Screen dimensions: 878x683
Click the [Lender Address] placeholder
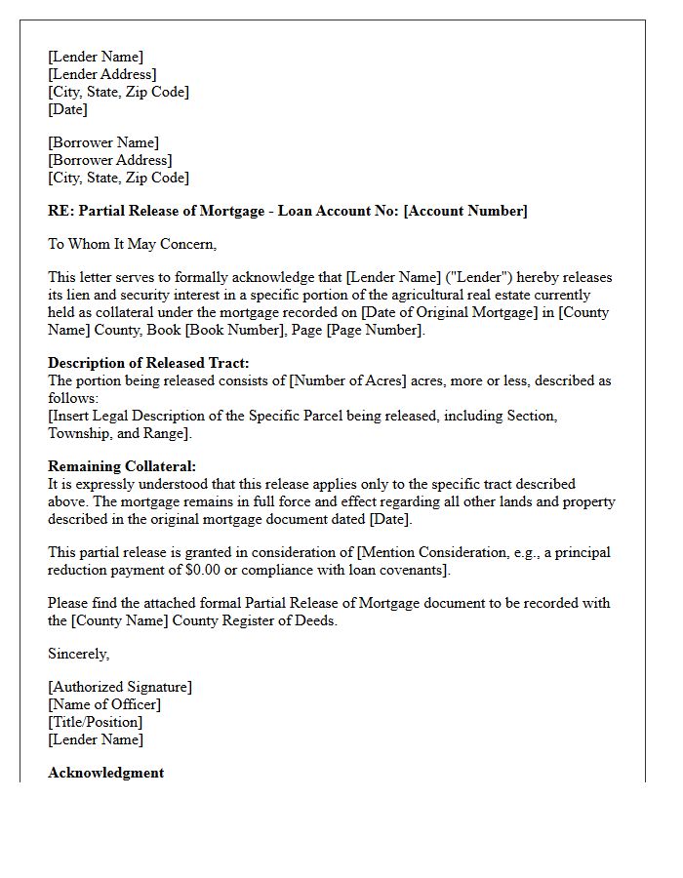101,74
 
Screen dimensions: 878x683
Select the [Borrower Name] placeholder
103,142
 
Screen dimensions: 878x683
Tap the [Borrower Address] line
109,160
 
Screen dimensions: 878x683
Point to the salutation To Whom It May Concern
133,244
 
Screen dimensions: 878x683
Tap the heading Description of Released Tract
148,363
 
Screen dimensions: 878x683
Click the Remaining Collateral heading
122,466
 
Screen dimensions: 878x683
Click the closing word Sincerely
78,654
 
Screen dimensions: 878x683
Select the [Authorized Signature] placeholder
120,687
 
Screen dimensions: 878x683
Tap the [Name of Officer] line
104,704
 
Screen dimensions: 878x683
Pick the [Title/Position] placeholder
95,722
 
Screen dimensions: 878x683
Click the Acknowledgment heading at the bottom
105,773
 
